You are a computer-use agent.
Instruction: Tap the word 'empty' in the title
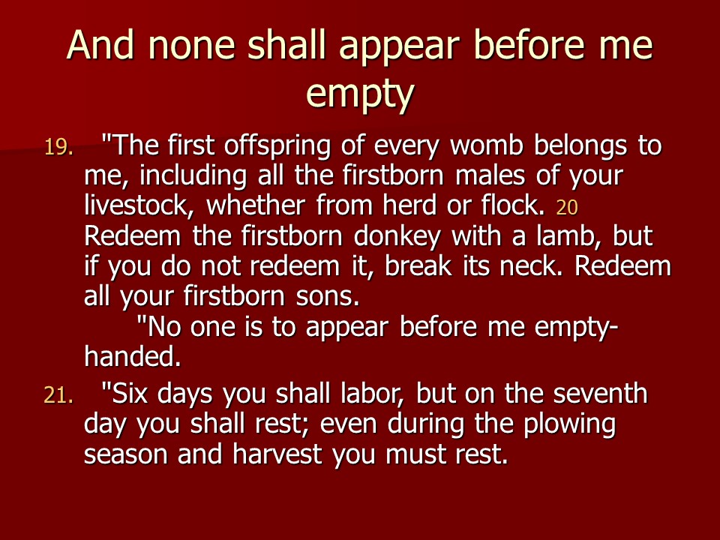(x=360, y=94)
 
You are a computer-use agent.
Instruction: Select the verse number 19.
(x=60, y=147)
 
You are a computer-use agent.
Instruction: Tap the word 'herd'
(x=388, y=204)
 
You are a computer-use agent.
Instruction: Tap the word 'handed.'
(x=133, y=357)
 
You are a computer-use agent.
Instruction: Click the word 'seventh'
(x=607, y=394)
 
